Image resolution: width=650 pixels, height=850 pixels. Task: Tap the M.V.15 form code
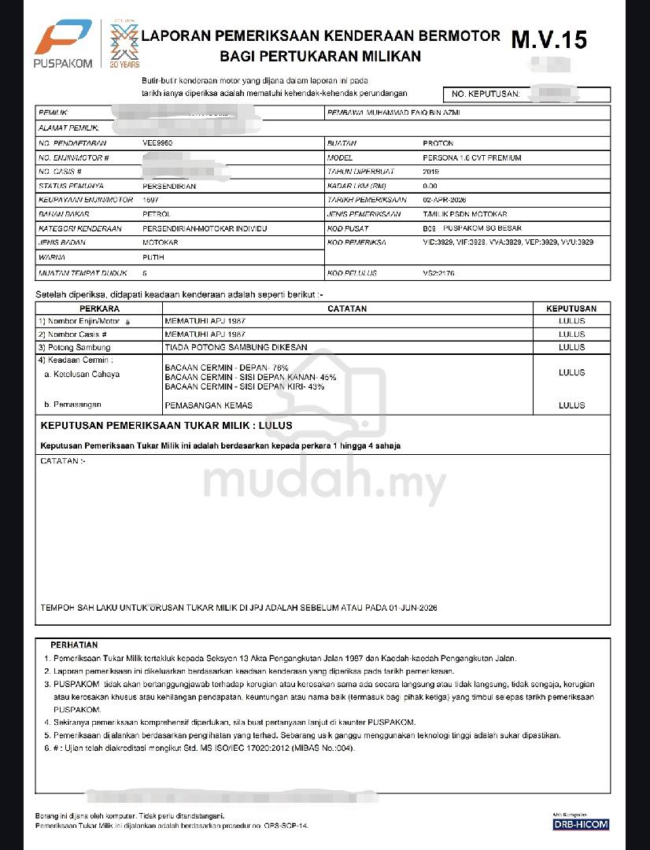click(x=548, y=39)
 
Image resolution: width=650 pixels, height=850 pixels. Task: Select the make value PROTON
click(x=438, y=144)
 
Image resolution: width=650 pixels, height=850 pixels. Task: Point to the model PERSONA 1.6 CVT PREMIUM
click(x=471, y=158)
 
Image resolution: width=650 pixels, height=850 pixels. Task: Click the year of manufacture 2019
click(x=431, y=172)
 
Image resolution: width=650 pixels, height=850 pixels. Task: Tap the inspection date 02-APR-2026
click(x=445, y=200)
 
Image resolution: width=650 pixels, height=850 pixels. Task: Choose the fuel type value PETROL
click(x=156, y=214)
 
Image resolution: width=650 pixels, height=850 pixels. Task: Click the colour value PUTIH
click(x=153, y=257)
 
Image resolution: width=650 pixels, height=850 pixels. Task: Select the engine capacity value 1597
click(x=151, y=200)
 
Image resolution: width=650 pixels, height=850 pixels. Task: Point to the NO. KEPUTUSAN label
click(x=486, y=94)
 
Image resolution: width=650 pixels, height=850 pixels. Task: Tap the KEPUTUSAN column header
click(x=571, y=309)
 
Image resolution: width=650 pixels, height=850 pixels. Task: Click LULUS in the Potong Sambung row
click(x=571, y=347)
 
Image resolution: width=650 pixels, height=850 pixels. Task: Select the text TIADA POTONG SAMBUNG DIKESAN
click(x=228, y=347)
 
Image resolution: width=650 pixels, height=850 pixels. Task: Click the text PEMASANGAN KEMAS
click(x=209, y=405)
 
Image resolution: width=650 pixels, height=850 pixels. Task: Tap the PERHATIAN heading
click(x=74, y=645)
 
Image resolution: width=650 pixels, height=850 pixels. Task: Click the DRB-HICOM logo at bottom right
click(x=582, y=824)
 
